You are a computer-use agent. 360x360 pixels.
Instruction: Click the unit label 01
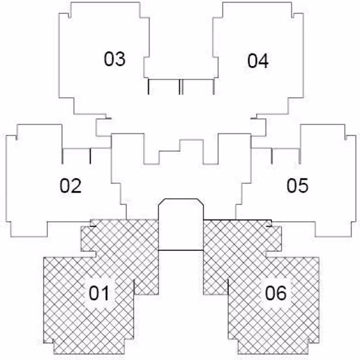[99, 293]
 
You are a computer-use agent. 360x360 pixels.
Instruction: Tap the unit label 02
[70, 186]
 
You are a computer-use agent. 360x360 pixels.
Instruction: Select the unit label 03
[115, 59]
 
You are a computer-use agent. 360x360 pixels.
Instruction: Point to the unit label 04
[258, 61]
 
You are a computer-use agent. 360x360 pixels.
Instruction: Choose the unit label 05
[297, 185]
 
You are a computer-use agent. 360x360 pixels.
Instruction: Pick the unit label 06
[276, 293]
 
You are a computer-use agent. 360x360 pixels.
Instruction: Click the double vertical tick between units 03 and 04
[181, 87]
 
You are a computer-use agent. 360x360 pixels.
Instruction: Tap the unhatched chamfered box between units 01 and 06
[181, 224]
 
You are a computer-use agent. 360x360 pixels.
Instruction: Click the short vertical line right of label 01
[134, 287]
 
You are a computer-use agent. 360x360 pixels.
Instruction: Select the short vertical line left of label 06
[228, 287]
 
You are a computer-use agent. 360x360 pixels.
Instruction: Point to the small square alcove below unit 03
[103, 128]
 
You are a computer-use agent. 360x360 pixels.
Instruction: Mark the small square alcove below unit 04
[259, 128]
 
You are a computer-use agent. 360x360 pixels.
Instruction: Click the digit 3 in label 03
[120, 59]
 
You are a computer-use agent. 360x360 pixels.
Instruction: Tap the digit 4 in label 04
[263, 61]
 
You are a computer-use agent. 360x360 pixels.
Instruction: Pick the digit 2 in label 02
[76, 186]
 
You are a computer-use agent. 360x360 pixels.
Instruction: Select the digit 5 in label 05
[303, 185]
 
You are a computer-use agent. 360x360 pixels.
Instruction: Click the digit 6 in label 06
[281, 293]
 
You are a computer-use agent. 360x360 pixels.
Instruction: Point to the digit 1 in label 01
[105, 293]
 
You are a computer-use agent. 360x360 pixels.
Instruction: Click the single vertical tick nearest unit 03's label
[149, 87]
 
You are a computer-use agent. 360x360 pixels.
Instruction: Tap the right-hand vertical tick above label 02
[91, 156]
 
